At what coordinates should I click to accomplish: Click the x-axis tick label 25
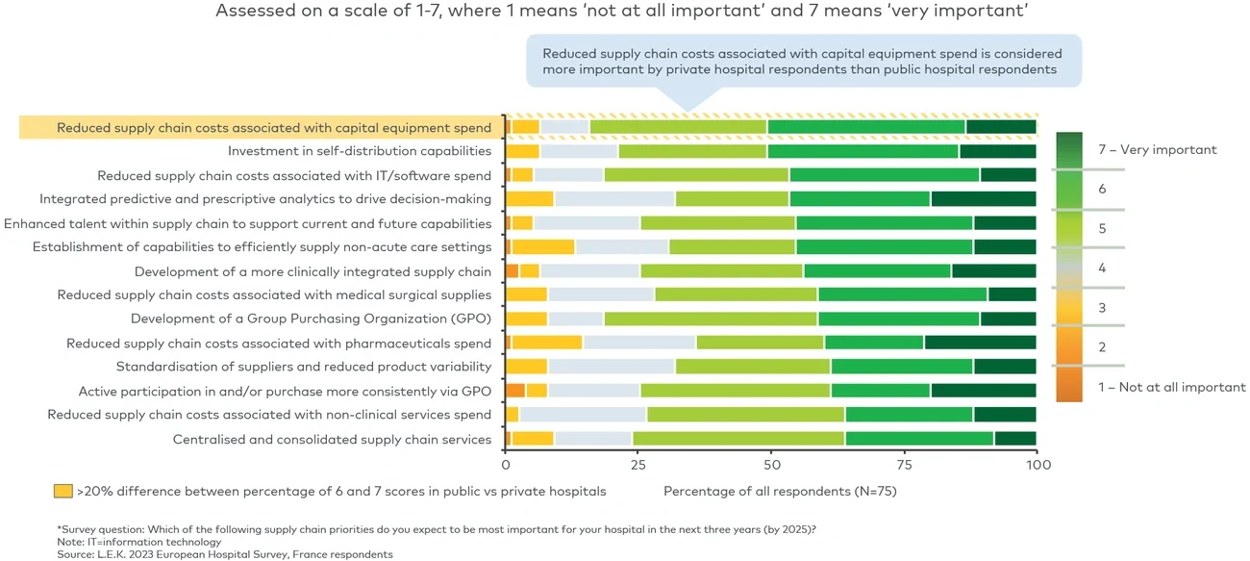pyautogui.click(x=637, y=464)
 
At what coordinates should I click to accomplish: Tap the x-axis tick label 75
pyautogui.click(x=903, y=464)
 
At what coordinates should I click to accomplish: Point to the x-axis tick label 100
pyautogui.click(x=1036, y=464)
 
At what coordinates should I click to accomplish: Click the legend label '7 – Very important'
pyautogui.click(x=1157, y=150)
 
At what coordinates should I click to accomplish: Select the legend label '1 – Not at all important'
pyautogui.click(x=1171, y=388)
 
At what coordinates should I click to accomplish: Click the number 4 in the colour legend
pyautogui.click(x=1103, y=268)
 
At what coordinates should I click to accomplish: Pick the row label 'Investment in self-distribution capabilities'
pyautogui.click(x=360, y=151)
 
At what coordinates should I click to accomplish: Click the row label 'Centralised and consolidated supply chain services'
pyautogui.click(x=332, y=440)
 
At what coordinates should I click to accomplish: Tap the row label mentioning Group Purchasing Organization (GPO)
pyautogui.click(x=312, y=319)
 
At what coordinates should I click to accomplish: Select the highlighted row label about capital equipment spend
pyautogui.click(x=274, y=127)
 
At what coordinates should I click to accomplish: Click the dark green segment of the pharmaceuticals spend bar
pyautogui.click(x=980, y=343)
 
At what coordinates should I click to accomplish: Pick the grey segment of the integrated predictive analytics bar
pyautogui.click(x=614, y=199)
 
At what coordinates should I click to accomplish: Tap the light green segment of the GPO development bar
pyautogui.click(x=711, y=319)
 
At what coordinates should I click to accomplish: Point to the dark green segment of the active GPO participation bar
pyautogui.click(x=983, y=391)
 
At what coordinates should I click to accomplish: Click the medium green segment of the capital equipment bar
pyautogui.click(x=866, y=127)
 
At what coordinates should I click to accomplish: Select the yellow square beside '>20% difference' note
pyautogui.click(x=62, y=491)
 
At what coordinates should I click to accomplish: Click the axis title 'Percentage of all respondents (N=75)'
pyautogui.click(x=780, y=491)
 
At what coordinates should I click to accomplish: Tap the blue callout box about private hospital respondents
pyautogui.click(x=803, y=62)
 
